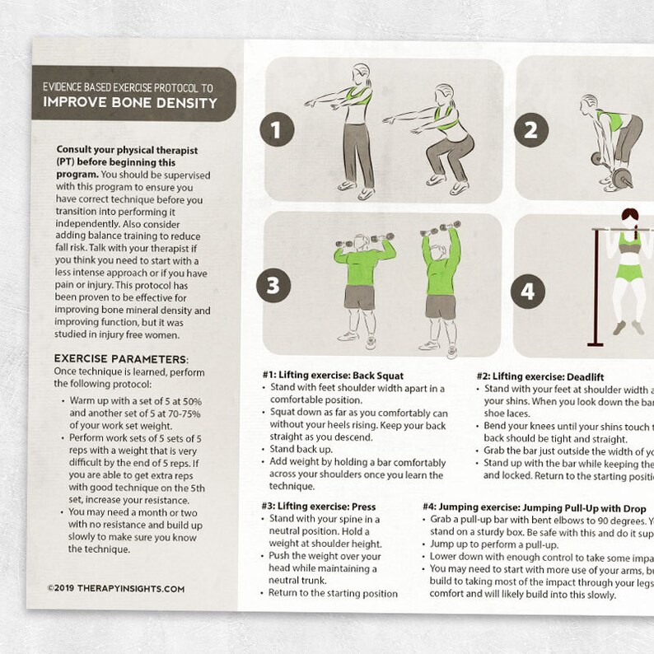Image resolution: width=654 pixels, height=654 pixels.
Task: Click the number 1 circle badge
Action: pos(277,129)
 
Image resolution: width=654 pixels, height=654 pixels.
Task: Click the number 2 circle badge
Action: pos(531,129)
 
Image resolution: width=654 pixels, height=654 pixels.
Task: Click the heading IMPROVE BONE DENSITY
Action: pos(131,103)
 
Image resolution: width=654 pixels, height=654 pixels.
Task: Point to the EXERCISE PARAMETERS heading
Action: pos(121,359)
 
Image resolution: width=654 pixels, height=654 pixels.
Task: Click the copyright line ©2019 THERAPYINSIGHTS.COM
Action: pos(116,589)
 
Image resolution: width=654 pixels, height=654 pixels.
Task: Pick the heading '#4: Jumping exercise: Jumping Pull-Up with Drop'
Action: pos(538,508)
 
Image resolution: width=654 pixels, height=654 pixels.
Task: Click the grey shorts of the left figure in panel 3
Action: pos(360,297)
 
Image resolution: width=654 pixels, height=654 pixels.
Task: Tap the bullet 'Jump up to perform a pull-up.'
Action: pos(494,544)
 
